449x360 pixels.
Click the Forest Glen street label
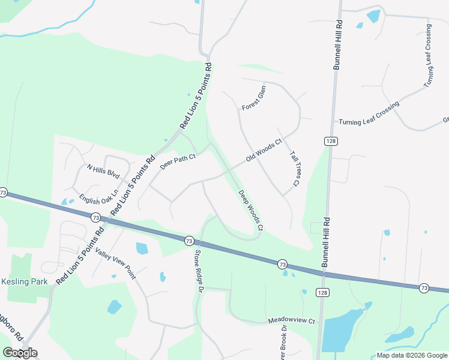253,98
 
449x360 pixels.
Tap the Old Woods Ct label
264,151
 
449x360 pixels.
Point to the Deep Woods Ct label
251,210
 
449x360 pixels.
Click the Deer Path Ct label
178,161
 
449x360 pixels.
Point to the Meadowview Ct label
291,321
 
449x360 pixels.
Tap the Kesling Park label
24,281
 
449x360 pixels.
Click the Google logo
20,353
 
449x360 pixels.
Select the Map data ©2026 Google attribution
412,355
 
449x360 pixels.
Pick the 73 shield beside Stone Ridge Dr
188,240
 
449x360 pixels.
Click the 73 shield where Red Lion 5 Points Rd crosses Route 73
96,217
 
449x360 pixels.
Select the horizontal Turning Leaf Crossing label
369,122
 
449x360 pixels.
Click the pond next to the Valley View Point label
142,248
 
